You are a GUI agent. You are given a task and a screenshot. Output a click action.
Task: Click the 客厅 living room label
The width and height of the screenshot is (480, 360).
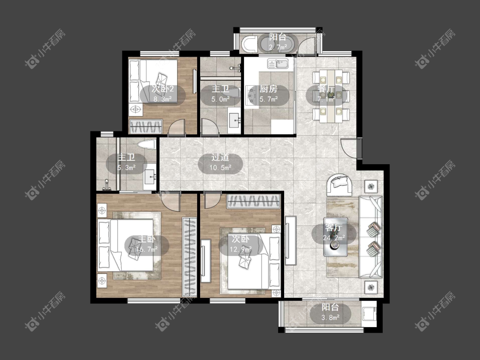tap(333, 228)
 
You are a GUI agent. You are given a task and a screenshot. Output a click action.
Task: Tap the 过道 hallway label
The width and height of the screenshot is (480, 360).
tap(220, 157)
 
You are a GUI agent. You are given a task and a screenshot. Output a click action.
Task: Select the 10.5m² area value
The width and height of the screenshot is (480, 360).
tap(220, 168)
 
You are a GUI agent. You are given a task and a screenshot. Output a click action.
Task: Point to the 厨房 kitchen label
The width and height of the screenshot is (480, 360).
tap(268, 89)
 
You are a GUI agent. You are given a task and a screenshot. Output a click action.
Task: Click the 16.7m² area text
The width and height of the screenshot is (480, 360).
tap(147, 250)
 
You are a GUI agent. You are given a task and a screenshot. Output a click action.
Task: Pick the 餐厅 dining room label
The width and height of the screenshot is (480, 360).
tap(326, 89)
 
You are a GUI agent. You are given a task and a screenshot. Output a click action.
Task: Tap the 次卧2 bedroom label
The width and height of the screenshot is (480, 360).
tap(163, 89)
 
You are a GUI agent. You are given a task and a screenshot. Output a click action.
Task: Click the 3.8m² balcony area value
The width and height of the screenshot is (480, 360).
tap(330, 317)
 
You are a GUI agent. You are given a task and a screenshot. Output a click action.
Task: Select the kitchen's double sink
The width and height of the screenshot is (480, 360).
tap(278, 64)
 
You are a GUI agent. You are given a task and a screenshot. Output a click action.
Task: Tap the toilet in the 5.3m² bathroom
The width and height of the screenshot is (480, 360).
tap(147, 144)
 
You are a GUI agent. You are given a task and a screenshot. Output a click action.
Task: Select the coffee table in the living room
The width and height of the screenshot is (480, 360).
tap(335, 237)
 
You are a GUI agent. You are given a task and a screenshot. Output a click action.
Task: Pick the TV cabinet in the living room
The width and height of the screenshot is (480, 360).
tap(290, 241)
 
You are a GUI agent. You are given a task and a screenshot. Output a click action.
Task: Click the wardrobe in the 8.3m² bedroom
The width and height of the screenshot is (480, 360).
tap(145, 127)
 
